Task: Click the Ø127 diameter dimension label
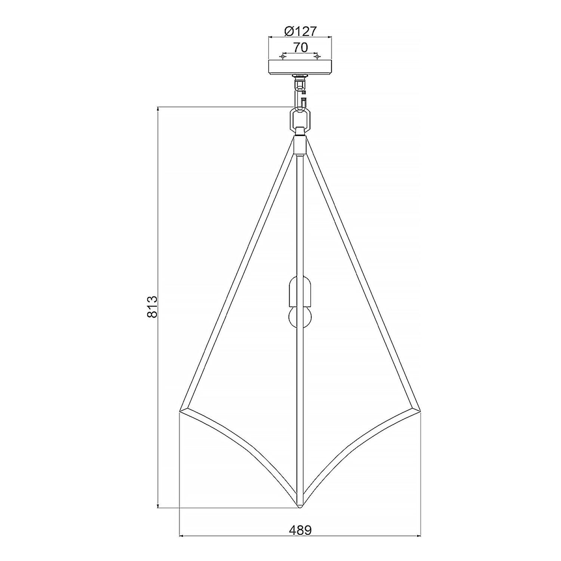(x=300, y=31)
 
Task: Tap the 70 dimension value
(x=300, y=47)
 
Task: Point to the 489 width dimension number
(x=300, y=530)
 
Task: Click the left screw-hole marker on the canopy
(x=282, y=57)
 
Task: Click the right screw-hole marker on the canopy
(x=317, y=57)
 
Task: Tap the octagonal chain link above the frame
(x=300, y=117)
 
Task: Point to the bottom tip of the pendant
(x=300, y=507)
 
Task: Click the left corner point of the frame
(x=181, y=411)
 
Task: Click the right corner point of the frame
(x=420, y=411)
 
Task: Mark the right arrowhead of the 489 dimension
(x=418, y=536)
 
